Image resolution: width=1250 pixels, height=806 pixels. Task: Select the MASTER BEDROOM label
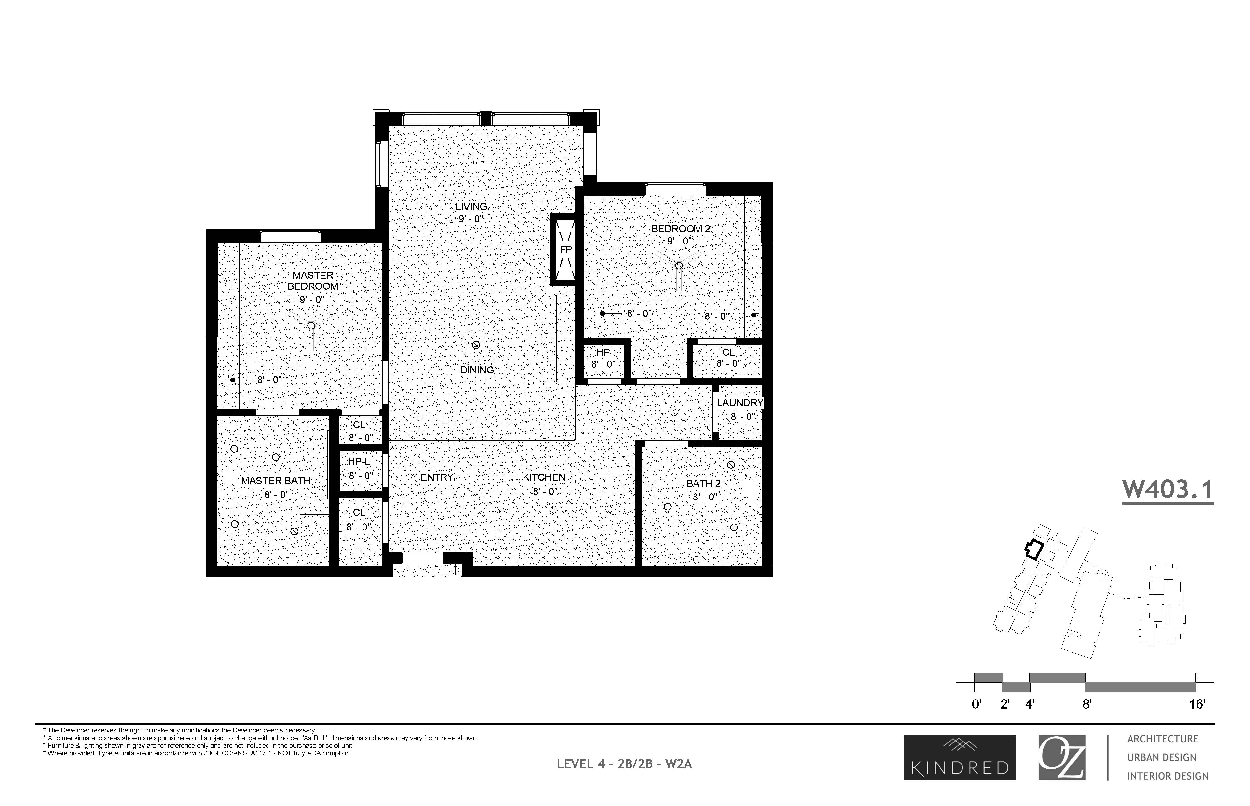click(x=313, y=281)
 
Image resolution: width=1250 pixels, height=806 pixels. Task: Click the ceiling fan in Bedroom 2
click(x=679, y=265)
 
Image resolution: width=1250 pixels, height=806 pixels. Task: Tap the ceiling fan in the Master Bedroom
click(x=311, y=326)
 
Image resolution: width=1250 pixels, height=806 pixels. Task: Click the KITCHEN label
click(x=544, y=477)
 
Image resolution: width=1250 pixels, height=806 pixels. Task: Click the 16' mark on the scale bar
click(x=1197, y=704)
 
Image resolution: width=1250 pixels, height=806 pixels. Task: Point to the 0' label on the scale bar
click(x=976, y=704)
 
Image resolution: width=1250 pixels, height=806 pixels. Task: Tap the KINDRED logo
click(x=960, y=757)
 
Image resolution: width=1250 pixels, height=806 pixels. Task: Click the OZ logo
click(x=1062, y=757)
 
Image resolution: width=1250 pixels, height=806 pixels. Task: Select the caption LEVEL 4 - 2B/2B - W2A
click(x=624, y=764)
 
